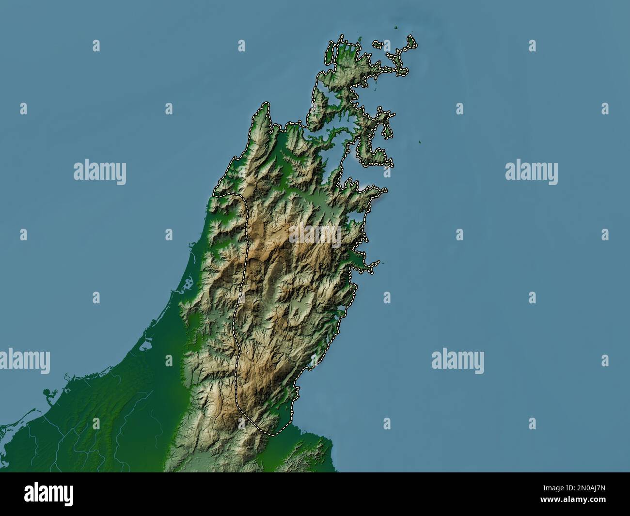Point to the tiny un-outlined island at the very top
[x=397, y=28]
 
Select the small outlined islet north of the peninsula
[x=378, y=44]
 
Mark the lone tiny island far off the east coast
[x=420, y=142]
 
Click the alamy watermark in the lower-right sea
[x=457, y=360]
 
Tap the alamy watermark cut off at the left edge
[x=24, y=360]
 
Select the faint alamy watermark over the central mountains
[x=315, y=235]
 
